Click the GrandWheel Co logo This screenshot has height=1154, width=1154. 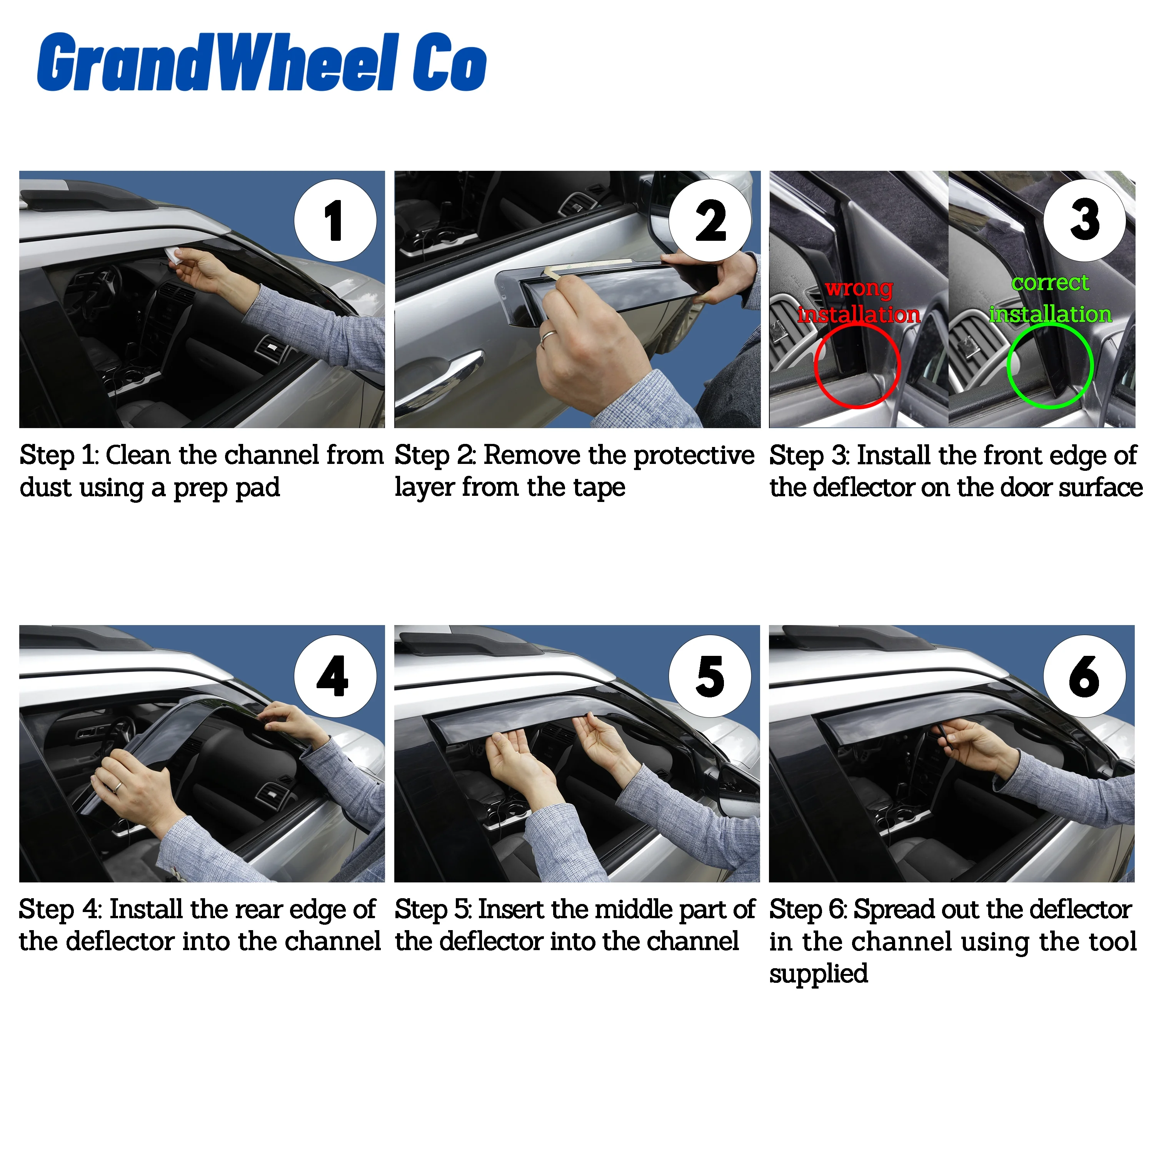[262, 63]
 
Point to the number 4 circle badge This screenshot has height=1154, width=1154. [335, 675]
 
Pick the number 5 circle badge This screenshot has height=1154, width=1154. [710, 675]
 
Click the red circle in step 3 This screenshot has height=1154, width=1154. [857, 365]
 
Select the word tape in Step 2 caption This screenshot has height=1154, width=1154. [599, 487]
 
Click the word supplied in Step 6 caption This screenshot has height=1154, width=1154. [818, 973]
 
